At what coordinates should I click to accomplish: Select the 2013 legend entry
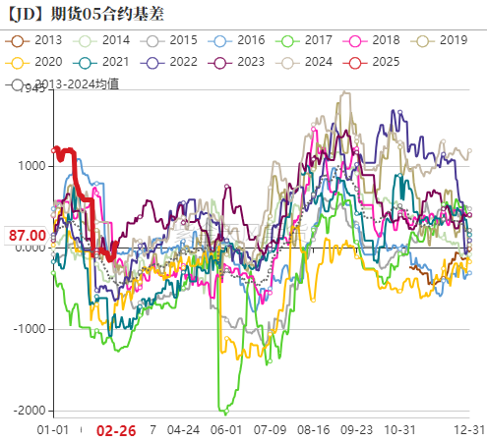point(36,40)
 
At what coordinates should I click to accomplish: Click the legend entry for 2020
point(36,61)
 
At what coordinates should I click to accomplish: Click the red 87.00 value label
point(27,236)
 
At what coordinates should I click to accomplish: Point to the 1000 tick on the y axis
point(30,166)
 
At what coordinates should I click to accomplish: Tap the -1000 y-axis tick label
point(29,328)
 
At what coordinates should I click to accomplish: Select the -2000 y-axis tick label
point(29,410)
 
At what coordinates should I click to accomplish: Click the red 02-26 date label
point(116,430)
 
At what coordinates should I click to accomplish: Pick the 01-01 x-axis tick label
point(52,430)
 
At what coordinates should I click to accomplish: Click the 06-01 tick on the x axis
point(226,430)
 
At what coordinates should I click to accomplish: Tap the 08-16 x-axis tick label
point(314,430)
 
